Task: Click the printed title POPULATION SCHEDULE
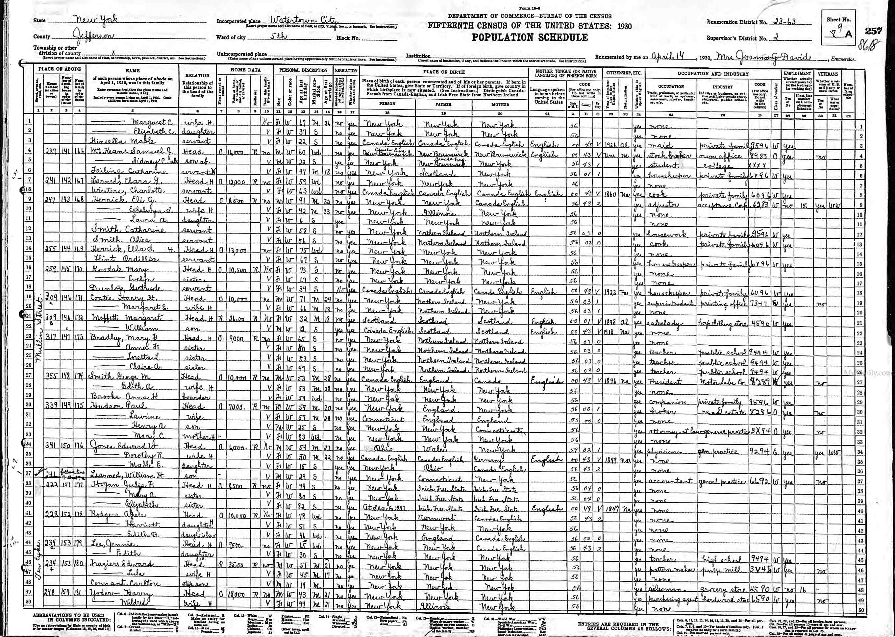tap(530, 38)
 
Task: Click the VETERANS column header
tap(827, 74)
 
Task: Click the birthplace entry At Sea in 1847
tap(383, 508)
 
